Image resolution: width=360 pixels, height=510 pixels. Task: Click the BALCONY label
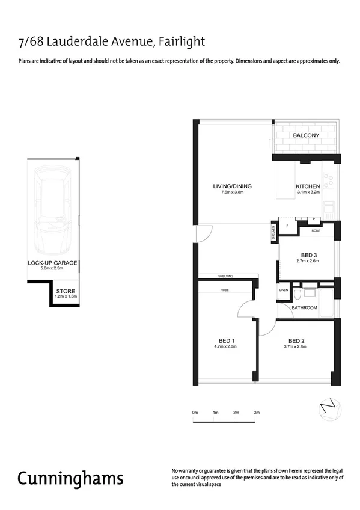point(306,136)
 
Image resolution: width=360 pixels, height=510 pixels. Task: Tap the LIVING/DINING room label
point(232,186)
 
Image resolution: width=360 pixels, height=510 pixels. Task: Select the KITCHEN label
point(308,186)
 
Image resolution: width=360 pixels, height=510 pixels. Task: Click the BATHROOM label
point(304,308)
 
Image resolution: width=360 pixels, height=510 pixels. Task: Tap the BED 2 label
point(297,340)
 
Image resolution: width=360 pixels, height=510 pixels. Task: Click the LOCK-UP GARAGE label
point(53,263)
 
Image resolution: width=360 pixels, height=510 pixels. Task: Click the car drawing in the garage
point(53,210)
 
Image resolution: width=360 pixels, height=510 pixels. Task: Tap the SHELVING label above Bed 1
point(226,276)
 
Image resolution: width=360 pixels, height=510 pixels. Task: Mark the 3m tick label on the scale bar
point(257,412)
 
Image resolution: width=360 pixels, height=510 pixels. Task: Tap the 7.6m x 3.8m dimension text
point(232,192)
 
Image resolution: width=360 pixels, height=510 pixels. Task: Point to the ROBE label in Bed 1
point(224,290)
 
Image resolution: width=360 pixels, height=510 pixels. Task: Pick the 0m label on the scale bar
point(195,412)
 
